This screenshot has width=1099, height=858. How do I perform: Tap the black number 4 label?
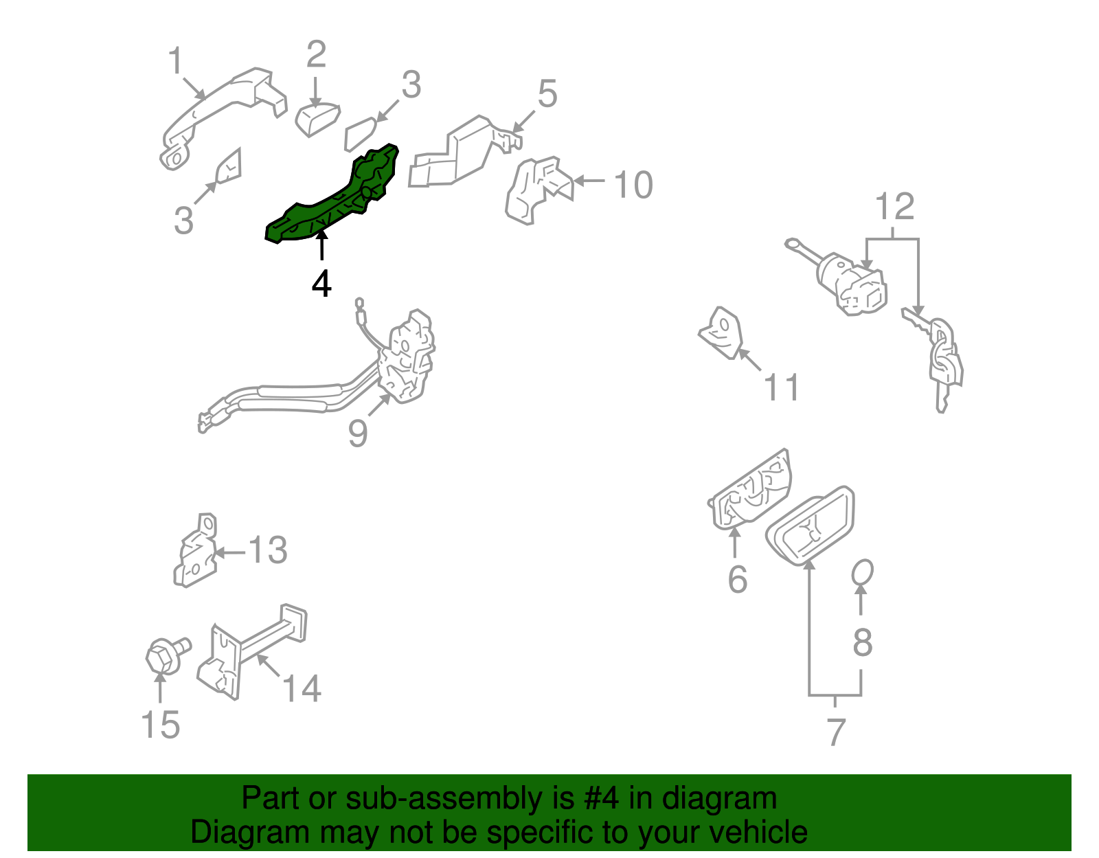tap(321, 283)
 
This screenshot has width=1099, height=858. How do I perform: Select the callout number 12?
tap(895, 207)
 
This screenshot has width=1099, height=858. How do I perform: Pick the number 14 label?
tap(302, 688)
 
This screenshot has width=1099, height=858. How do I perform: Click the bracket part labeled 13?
tap(194, 553)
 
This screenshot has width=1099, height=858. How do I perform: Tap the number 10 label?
tap(633, 185)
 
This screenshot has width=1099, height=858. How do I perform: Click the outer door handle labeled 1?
tap(220, 110)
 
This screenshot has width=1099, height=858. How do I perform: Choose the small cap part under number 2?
tap(317, 119)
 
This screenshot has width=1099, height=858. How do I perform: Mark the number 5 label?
tap(547, 93)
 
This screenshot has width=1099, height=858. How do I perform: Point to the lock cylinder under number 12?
tap(852, 283)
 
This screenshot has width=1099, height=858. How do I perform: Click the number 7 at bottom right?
tap(835, 732)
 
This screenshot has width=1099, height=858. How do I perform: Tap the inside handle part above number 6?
tap(751, 491)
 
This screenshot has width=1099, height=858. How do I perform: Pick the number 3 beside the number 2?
tap(411, 85)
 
